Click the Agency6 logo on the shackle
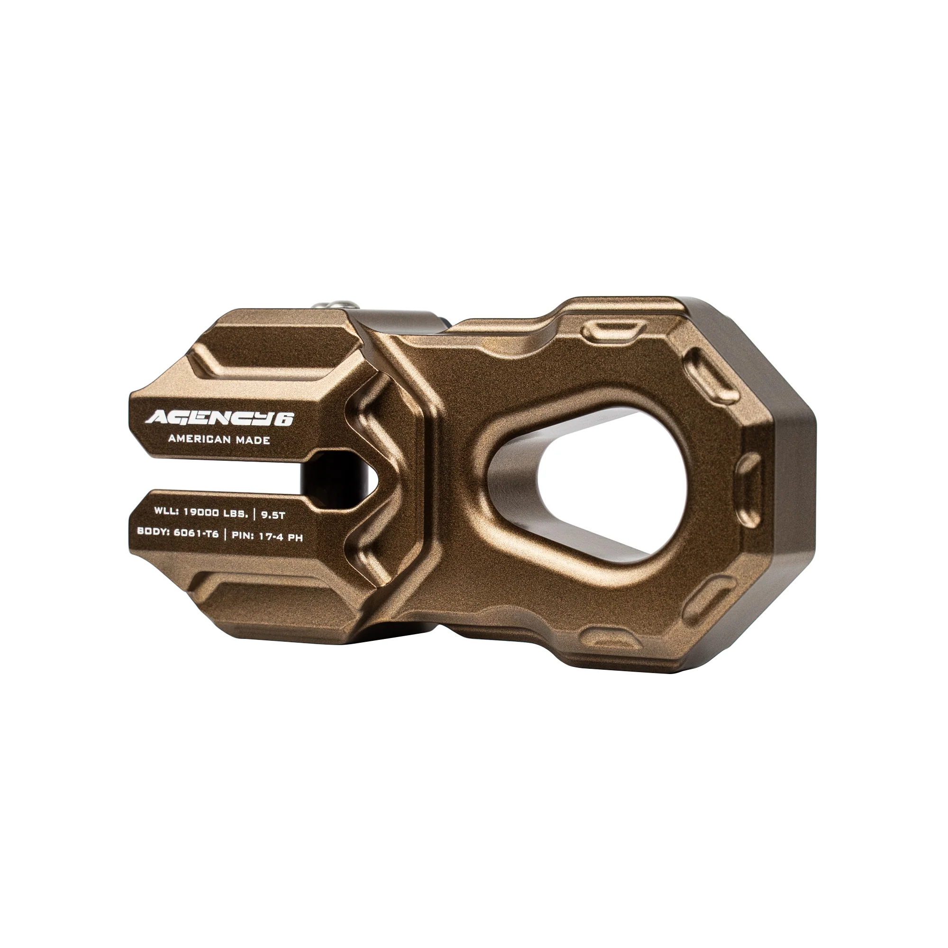(219, 418)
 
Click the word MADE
(252, 440)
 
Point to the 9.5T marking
(273, 516)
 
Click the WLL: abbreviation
(166, 511)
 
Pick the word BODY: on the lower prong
(154, 531)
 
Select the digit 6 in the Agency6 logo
(287, 419)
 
